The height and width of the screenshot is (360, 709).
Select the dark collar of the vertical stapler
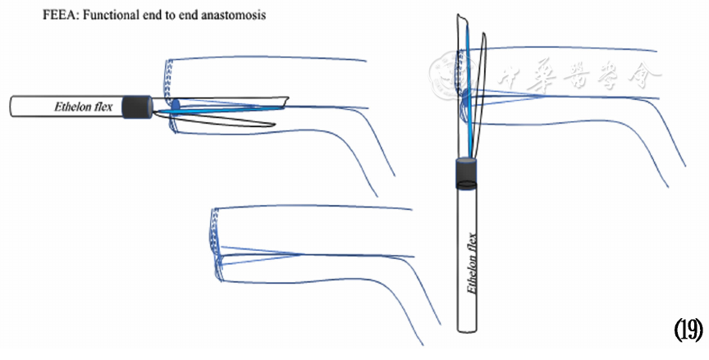467,173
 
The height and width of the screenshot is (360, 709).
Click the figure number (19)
688,330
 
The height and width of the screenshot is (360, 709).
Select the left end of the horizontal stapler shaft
13,107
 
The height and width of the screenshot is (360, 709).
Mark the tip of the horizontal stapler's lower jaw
271,124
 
